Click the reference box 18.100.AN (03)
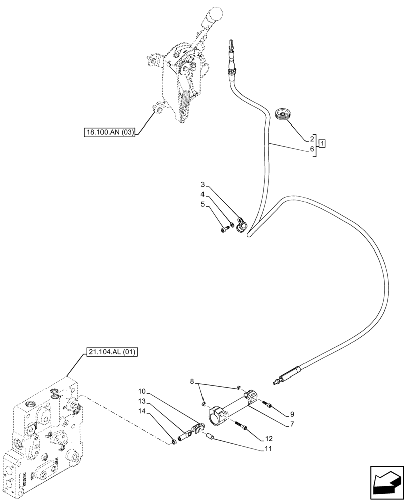110,133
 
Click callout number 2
312,139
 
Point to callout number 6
312,149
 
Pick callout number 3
202,185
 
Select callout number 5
202,204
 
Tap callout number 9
292,415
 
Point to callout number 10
142,391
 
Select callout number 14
142,411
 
